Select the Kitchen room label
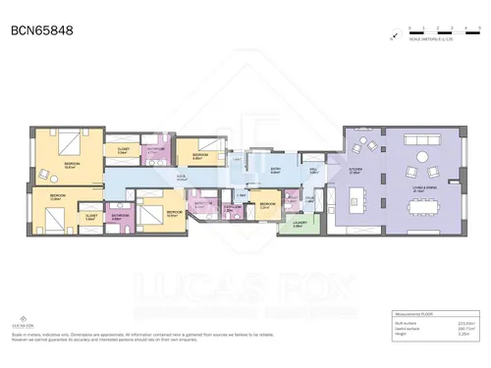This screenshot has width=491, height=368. (355, 169)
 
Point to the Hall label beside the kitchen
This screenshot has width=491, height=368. (311, 169)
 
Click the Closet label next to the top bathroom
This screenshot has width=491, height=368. (123, 152)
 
